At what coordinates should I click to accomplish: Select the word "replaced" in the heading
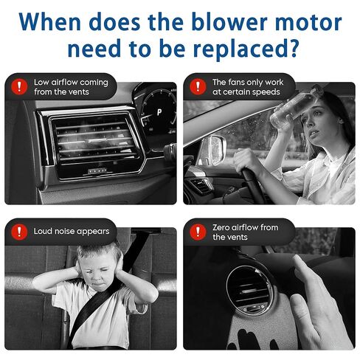click(238, 49)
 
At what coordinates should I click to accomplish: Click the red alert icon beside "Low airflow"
click(19, 86)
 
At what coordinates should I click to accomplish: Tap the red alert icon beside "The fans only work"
click(198, 86)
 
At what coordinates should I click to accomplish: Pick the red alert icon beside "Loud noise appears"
click(19, 232)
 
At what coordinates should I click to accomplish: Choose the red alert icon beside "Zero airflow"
click(198, 232)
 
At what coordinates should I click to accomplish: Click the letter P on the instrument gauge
click(159, 112)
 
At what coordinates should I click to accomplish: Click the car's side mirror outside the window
click(212, 150)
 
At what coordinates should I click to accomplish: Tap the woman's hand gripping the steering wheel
click(246, 161)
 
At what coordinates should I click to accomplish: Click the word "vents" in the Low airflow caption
click(79, 92)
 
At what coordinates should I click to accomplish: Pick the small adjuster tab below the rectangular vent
click(97, 171)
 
